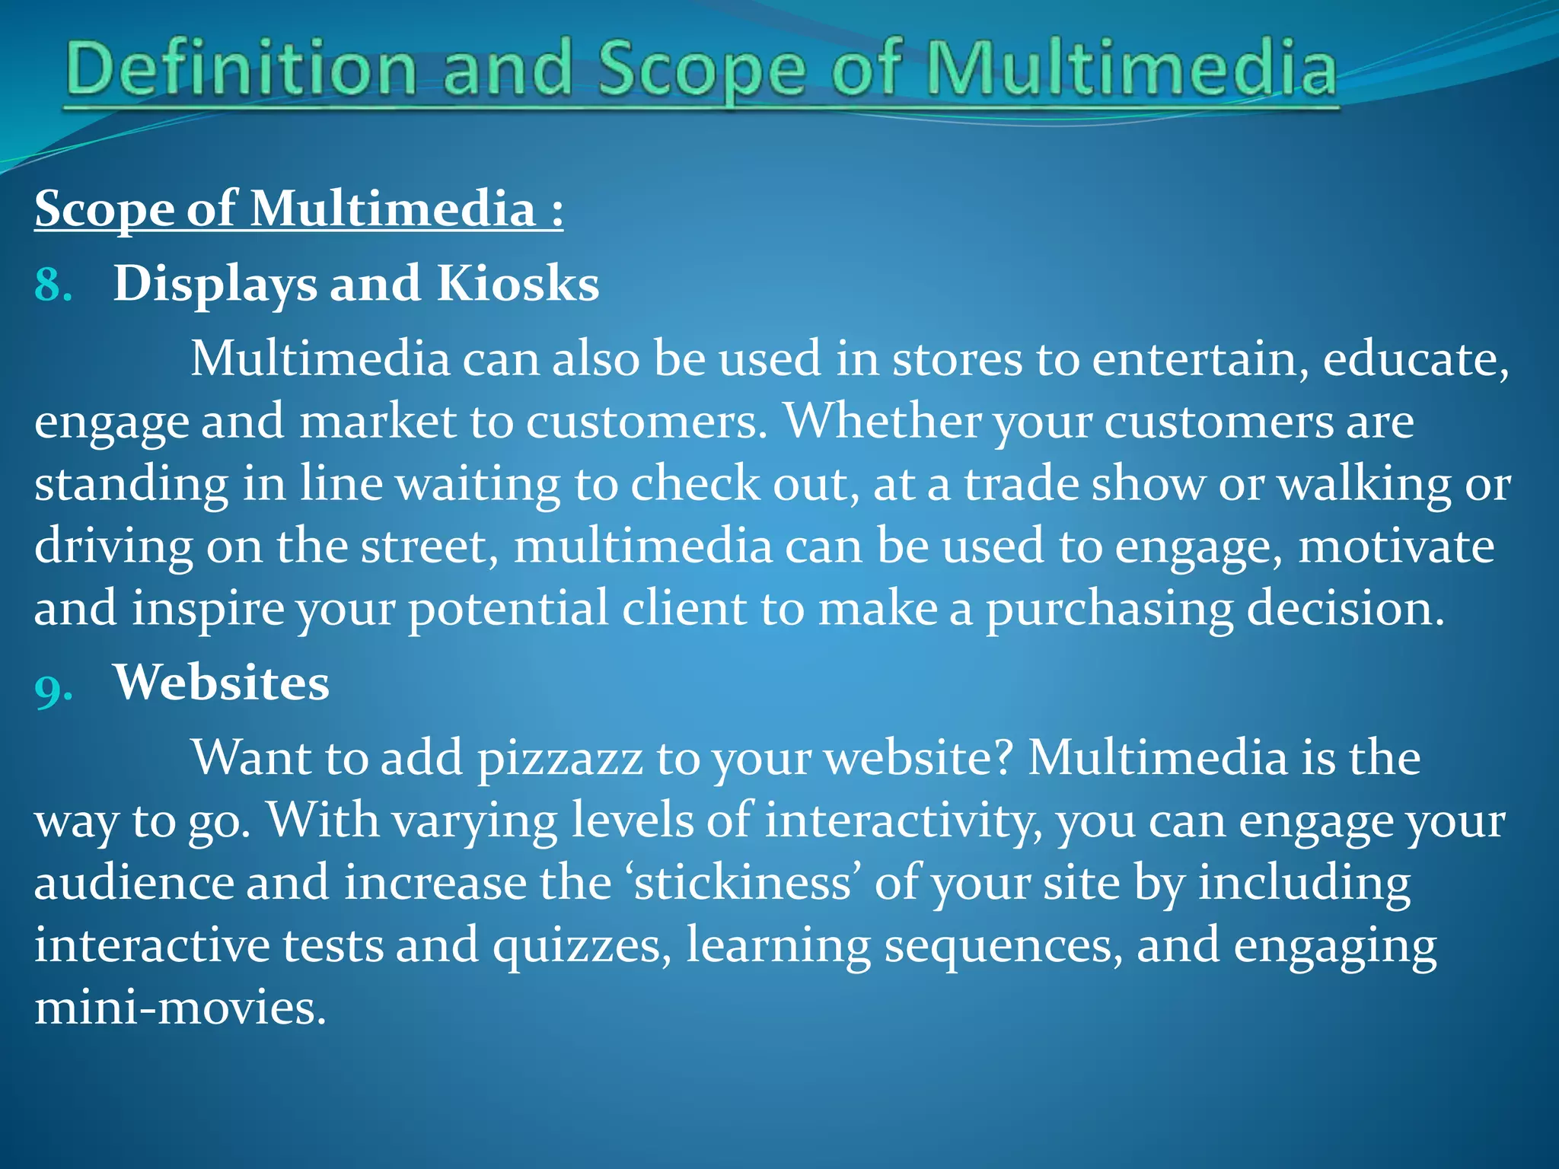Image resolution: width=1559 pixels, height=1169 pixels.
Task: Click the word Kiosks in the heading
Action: (x=518, y=283)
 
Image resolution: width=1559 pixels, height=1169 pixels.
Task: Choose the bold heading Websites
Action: (x=222, y=682)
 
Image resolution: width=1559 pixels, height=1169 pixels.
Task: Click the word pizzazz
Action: (x=560, y=760)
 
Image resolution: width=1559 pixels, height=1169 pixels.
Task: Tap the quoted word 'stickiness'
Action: (x=742, y=883)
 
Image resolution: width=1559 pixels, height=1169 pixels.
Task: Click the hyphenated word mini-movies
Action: (x=180, y=1008)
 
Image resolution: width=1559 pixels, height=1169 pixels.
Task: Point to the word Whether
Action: (x=882, y=421)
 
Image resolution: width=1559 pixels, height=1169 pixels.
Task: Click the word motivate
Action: (x=1396, y=546)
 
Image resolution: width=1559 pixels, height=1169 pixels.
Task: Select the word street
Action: (x=429, y=546)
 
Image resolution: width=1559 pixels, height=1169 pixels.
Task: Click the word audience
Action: (x=134, y=883)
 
